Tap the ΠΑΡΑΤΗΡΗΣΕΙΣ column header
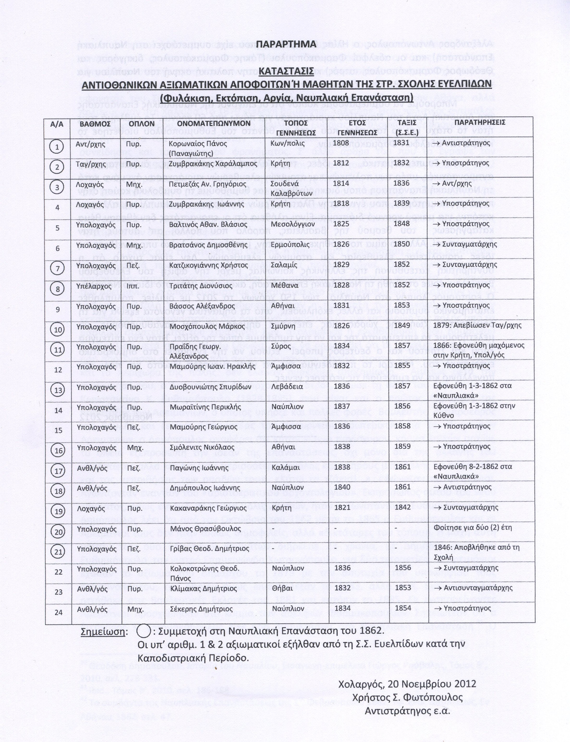pyautogui.click(x=480, y=122)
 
